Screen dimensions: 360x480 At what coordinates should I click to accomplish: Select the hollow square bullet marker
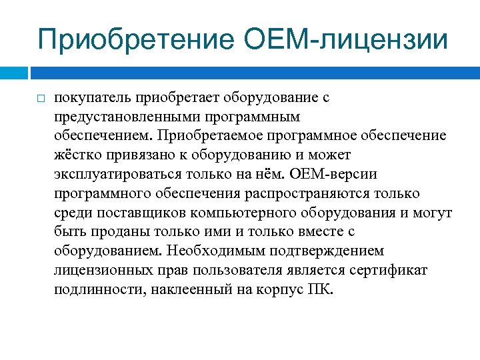pyautogui.click(x=40, y=99)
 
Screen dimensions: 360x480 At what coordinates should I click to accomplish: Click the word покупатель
pyautogui.click(x=93, y=98)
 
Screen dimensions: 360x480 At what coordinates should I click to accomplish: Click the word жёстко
pyautogui.click(x=75, y=155)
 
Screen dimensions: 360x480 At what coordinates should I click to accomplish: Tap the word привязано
pyautogui.click(x=131, y=155)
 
